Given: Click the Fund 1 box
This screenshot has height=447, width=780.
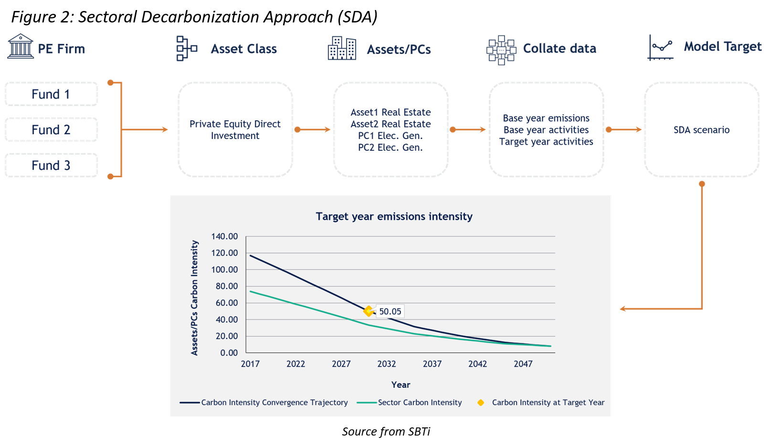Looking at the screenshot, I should [51, 94].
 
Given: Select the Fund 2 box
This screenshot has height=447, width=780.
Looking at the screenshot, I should [51, 129].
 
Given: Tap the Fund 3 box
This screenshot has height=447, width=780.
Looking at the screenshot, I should [51, 165].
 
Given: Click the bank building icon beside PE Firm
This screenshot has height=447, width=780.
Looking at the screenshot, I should [21, 46].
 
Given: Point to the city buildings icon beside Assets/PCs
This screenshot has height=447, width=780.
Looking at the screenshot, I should [342, 48].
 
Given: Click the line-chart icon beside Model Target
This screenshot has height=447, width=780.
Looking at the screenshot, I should [661, 47].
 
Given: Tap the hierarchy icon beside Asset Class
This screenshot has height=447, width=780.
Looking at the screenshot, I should [187, 48].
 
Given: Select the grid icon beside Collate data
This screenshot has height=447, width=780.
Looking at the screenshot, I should [501, 49].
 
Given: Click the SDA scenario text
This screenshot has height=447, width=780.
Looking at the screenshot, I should [701, 130].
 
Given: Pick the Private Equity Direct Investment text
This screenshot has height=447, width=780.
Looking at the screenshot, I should [235, 129].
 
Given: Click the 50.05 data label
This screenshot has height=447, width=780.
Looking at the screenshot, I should [390, 311].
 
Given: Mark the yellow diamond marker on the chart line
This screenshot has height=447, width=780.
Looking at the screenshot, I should [369, 311].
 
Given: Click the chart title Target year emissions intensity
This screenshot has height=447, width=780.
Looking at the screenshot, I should [394, 216].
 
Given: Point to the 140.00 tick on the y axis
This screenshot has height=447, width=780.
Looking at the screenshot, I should [224, 236].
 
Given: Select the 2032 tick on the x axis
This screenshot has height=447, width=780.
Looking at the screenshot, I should [387, 364].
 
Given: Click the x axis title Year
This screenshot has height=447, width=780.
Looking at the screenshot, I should [401, 384].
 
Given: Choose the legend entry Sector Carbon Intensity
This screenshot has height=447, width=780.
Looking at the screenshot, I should [420, 403].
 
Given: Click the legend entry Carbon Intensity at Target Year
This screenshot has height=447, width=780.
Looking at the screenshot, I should [548, 403].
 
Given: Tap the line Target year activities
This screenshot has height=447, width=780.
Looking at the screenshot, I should [546, 141].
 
